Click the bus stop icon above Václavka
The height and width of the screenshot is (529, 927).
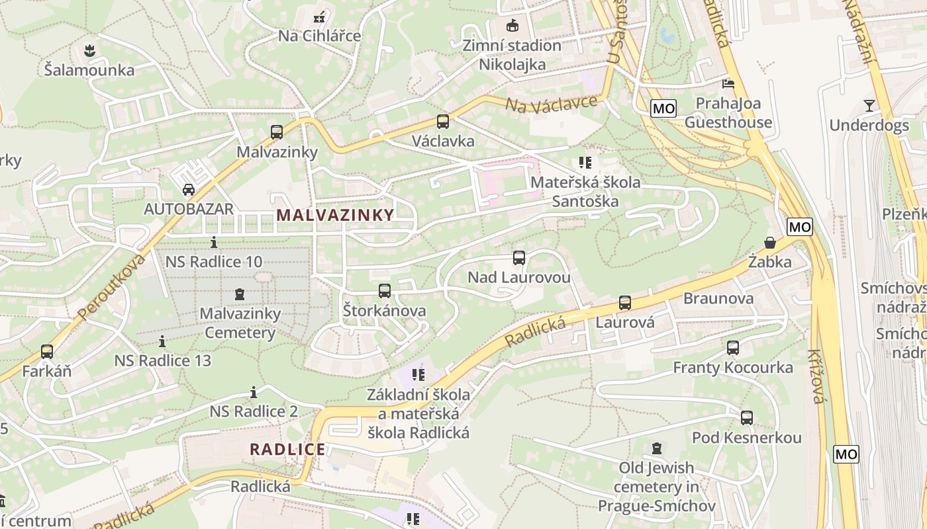442,122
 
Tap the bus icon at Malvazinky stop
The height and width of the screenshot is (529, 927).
277,132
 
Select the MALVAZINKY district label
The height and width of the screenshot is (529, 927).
335,215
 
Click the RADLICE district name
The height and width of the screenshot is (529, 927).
287,450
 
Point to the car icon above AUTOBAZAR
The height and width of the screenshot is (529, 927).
189,190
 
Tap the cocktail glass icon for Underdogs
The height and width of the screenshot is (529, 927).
869,105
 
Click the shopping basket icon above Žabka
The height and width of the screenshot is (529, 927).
770,243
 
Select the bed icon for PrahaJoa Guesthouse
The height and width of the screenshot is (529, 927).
728,84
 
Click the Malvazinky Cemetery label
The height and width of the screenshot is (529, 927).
240,323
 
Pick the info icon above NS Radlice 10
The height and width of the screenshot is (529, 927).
213,243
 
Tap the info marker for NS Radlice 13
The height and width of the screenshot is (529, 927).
162,342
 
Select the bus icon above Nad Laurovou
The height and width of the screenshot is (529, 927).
519,258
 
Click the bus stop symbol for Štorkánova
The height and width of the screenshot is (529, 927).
385,291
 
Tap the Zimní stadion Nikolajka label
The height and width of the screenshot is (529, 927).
512,55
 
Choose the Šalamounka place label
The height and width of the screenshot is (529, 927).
89,70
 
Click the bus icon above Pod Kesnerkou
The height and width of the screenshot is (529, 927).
747,418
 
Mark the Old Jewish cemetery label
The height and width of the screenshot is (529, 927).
656,487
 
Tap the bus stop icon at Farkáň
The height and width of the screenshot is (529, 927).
47,352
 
